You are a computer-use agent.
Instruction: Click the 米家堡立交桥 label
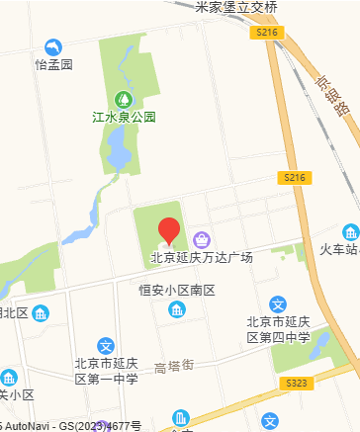click(236, 7)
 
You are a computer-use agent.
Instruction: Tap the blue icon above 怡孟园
click(53, 46)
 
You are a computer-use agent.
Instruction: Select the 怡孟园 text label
click(53, 64)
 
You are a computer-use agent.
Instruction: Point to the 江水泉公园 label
click(125, 117)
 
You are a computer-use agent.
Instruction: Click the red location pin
click(169, 231)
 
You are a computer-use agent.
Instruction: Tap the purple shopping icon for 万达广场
click(202, 238)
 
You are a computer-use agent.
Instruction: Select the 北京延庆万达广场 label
click(202, 257)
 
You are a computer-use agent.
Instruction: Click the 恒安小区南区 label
click(177, 291)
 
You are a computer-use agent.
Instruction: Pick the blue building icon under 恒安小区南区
click(177, 310)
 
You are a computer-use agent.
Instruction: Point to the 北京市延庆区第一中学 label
click(106, 372)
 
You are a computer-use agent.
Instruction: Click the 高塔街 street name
click(174, 368)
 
